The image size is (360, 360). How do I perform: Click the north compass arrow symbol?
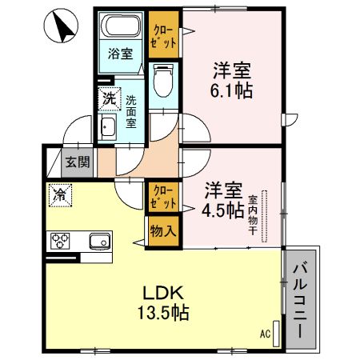62,27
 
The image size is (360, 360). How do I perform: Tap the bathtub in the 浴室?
122,30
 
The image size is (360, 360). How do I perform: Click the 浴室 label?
122,54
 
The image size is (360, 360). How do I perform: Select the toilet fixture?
163,79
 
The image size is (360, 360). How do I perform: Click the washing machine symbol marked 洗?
108,99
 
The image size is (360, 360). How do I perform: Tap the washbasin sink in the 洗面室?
107,126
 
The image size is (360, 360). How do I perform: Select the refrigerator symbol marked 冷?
59,193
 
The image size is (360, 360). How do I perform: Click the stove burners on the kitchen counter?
62,240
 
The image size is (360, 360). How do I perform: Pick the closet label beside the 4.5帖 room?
162,198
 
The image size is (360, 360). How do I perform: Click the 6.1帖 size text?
232,90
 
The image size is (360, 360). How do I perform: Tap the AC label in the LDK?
266,333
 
